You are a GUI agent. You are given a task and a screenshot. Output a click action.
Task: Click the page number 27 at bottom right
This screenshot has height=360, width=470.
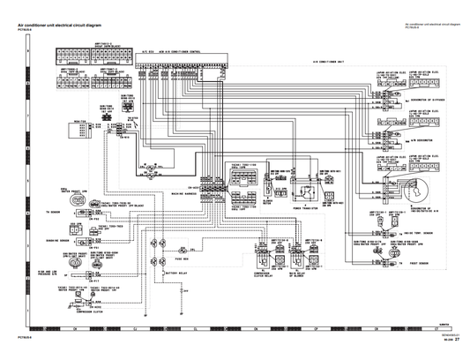pos(458,350)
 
